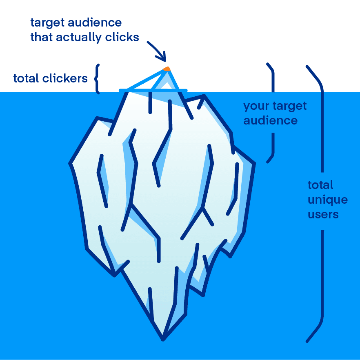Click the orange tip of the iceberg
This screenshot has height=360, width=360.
(x=166, y=69)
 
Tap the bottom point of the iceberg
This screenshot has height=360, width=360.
(x=163, y=338)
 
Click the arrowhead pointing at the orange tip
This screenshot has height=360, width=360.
(x=164, y=57)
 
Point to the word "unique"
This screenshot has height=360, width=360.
(x=327, y=200)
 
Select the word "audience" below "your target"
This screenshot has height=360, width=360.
(x=270, y=121)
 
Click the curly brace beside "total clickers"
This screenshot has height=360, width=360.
(x=97, y=78)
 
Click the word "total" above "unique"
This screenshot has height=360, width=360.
(x=320, y=185)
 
